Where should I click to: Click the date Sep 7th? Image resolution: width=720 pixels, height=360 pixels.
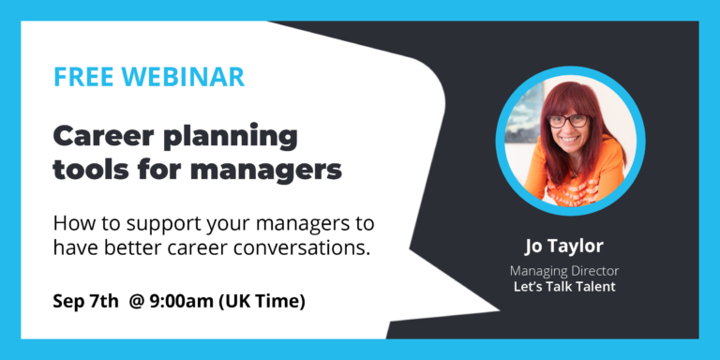coord(85,302)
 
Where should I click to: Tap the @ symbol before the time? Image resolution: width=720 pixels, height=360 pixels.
coord(138,302)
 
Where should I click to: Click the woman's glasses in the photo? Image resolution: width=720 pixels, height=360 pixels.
coord(567,121)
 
